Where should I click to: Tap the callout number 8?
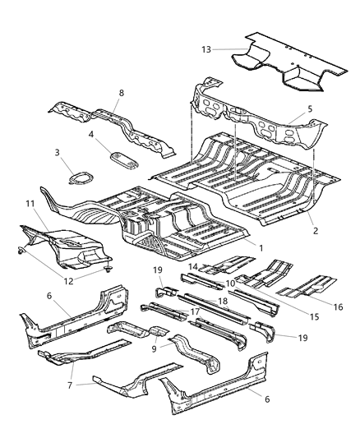pyautogui.click(x=121, y=94)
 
